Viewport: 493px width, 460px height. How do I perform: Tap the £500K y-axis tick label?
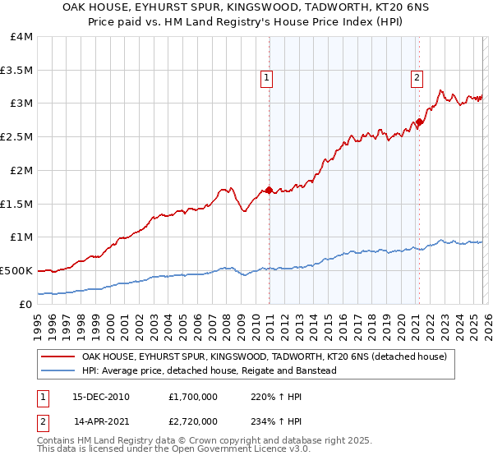[16, 269]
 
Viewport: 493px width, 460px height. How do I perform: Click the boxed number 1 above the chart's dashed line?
[268, 79]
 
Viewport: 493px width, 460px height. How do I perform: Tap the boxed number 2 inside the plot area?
[417, 79]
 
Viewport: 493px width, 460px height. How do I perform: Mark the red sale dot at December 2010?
[269, 191]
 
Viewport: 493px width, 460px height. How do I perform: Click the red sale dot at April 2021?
[419, 122]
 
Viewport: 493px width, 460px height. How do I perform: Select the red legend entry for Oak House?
[264, 357]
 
